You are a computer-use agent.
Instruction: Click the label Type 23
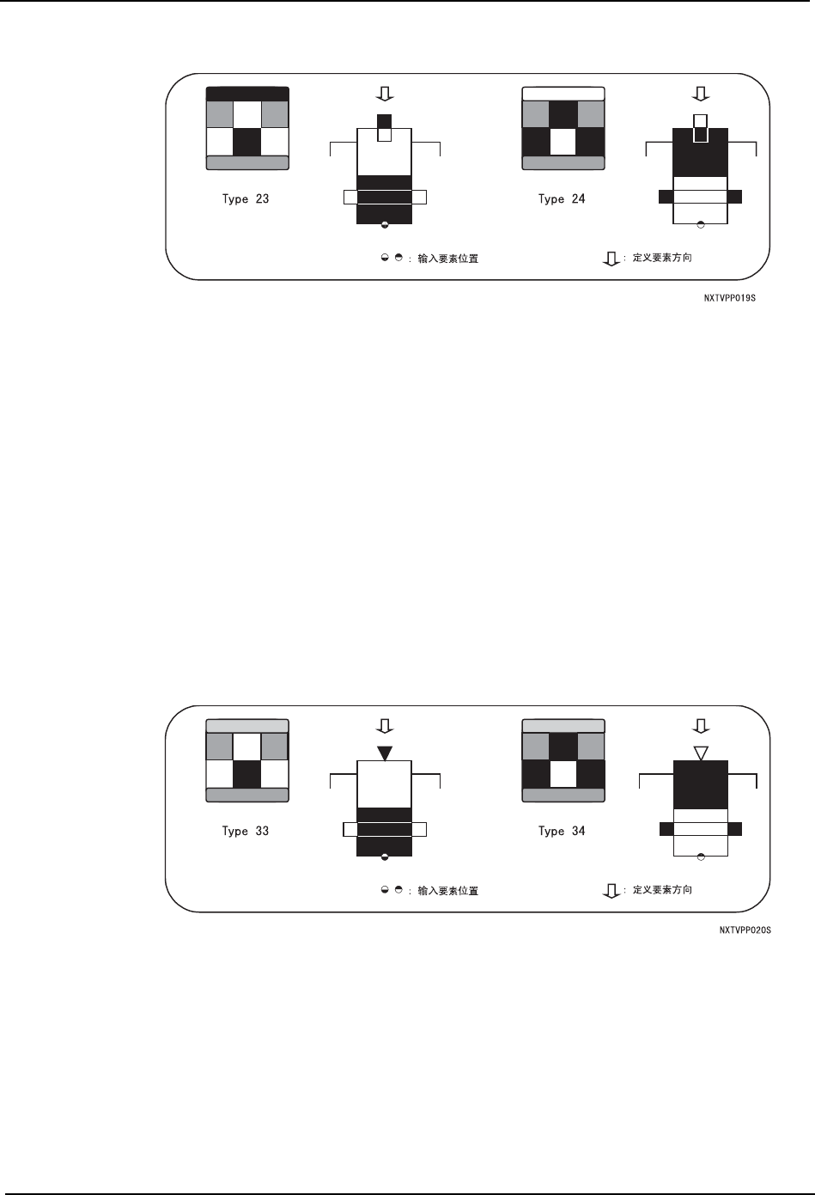point(246,199)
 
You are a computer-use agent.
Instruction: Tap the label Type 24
point(562,199)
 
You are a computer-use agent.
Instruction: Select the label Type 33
point(246,832)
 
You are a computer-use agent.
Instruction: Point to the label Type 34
point(562,832)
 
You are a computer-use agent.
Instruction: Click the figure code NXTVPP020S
point(745,929)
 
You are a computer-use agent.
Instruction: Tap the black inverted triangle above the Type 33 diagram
point(385,753)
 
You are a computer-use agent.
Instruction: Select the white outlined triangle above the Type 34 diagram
point(701,753)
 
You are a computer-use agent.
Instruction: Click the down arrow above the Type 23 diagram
point(385,93)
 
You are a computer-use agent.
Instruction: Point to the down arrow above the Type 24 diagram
point(701,93)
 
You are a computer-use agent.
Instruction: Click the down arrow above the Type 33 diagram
point(385,725)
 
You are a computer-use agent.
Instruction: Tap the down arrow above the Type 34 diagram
point(701,725)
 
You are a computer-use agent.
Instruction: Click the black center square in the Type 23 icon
point(247,142)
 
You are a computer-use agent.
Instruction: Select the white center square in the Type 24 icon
point(563,142)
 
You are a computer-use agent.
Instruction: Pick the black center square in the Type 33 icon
point(247,774)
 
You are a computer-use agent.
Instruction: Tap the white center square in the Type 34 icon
point(563,774)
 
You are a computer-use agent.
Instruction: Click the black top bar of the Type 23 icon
point(247,94)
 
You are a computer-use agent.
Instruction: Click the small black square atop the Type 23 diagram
point(385,120)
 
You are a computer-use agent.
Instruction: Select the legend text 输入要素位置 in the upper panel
point(447,259)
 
